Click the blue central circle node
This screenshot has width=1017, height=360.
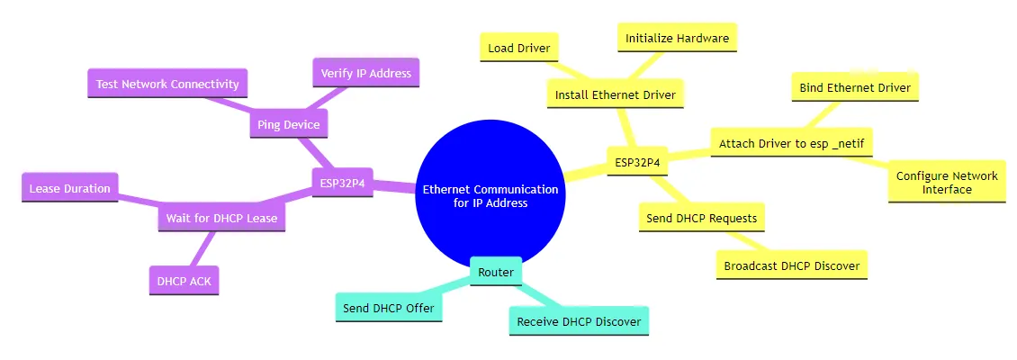[490, 196]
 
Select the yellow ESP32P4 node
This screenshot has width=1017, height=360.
[636, 163]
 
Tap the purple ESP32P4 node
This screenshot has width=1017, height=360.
[342, 182]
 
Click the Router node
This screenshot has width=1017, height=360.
[496, 272]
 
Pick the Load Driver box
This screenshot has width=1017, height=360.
[519, 48]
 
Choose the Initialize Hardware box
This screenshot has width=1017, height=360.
[677, 38]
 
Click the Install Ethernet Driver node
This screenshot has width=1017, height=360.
[616, 94]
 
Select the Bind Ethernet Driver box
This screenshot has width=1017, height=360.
[855, 87]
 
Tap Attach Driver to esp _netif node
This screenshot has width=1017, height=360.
[791, 143]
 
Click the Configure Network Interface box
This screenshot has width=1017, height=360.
[947, 183]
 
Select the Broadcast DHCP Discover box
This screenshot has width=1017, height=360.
[791, 265]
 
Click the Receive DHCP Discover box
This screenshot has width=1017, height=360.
[579, 320]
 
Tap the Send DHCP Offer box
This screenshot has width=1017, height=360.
[389, 308]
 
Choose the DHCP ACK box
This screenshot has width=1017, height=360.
[184, 281]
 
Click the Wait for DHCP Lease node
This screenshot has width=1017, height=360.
[221, 218]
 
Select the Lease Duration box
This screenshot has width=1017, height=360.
[69, 188]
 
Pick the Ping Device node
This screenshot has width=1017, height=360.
[288, 125]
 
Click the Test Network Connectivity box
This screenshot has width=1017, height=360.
[167, 84]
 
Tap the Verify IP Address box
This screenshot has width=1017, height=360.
[366, 73]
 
